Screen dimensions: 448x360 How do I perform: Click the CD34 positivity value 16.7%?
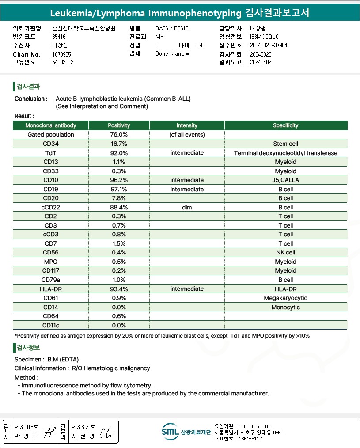tap(119, 144)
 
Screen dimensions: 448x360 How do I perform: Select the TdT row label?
tap(50, 153)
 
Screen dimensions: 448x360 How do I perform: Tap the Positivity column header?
tap(119, 125)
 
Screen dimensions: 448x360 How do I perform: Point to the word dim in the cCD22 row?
tap(187, 207)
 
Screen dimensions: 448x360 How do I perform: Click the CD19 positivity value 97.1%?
tap(119, 189)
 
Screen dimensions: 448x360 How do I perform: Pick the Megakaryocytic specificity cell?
tap(285, 298)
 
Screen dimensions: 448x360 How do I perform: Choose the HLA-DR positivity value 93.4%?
tap(119, 289)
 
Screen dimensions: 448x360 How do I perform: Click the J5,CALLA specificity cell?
tap(285, 180)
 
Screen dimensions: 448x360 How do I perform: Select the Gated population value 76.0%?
tap(119, 134)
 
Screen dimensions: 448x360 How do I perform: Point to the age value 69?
tap(199, 45)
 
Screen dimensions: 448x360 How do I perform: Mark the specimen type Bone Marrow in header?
tap(172, 53)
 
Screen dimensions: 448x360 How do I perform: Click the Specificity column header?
tap(285, 125)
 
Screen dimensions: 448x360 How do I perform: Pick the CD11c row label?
tap(50, 325)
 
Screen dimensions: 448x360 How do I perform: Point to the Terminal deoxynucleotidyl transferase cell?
tap(285, 153)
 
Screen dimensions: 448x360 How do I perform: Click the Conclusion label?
tap(31, 99)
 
